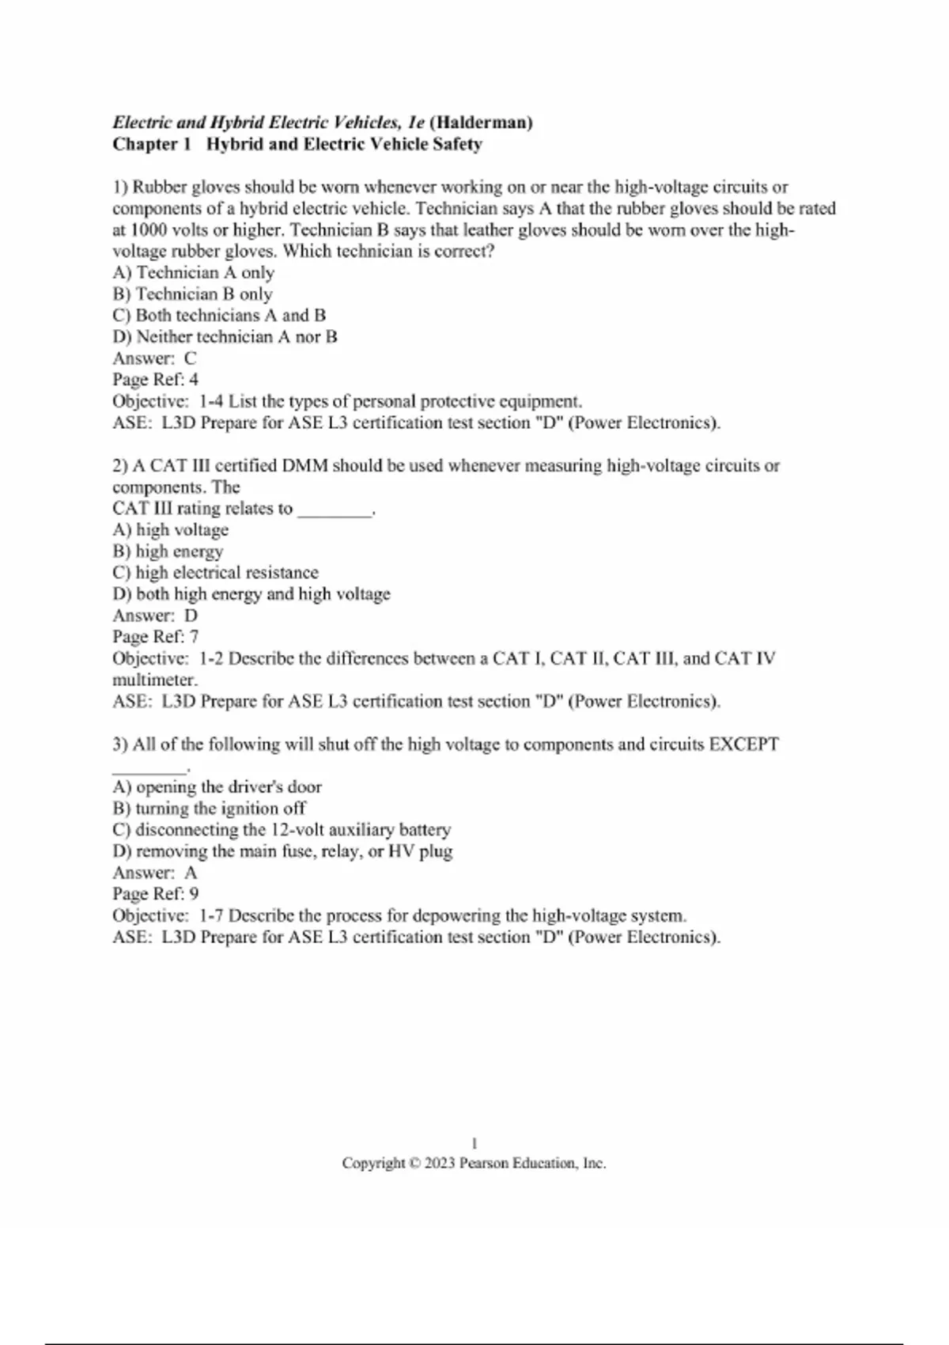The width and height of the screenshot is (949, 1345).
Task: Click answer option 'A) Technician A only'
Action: click(x=193, y=273)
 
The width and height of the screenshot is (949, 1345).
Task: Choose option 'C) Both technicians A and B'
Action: click(x=219, y=316)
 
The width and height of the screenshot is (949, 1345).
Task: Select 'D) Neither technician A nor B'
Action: click(x=225, y=337)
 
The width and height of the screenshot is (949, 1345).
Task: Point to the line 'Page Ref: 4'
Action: click(x=155, y=380)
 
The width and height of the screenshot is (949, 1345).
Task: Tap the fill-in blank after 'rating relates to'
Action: click(x=335, y=510)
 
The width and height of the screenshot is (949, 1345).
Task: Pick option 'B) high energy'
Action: click(x=168, y=551)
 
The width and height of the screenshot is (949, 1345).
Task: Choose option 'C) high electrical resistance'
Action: click(x=215, y=573)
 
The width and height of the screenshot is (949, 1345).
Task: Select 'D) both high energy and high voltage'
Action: click(x=251, y=594)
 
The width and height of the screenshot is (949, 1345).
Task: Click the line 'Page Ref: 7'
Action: click(x=155, y=637)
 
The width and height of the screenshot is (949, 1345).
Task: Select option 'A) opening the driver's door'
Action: click(x=217, y=787)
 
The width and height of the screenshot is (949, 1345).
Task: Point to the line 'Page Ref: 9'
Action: click(x=155, y=894)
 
